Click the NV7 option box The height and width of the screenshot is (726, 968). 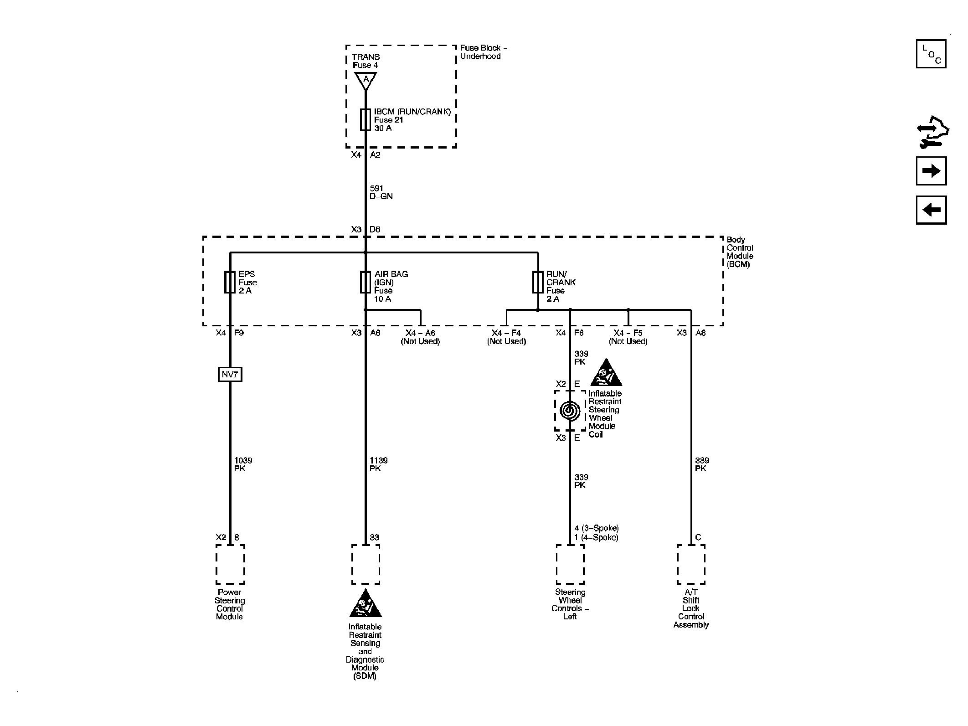coord(230,375)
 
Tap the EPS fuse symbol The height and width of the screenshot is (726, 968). coord(230,282)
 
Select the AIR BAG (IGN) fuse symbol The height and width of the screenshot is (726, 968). coord(366,282)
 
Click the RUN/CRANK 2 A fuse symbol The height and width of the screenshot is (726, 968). coord(538,282)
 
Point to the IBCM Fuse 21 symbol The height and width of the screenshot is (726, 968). coord(366,120)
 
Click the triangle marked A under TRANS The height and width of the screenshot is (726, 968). coord(366,81)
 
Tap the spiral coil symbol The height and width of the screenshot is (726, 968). coord(570,410)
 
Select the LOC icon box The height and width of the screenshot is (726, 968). coord(931,54)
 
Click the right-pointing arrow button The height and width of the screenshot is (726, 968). coord(931,171)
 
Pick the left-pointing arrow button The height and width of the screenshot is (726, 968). coord(931,210)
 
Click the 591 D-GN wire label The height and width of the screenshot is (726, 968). coord(381,192)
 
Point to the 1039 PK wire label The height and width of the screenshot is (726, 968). coord(243,464)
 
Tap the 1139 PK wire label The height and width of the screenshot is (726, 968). coord(379,464)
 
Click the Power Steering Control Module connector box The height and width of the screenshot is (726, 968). coord(230,564)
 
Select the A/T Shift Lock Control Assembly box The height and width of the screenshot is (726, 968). coord(691,564)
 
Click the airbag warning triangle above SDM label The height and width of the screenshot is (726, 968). coord(366,603)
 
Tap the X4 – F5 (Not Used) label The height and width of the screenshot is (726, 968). coord(628,337)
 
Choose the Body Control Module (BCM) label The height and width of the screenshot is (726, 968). coord(740,252)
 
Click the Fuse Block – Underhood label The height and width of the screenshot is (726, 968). coord(484,52)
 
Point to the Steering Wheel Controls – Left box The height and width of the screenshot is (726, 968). coord(570,564)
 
